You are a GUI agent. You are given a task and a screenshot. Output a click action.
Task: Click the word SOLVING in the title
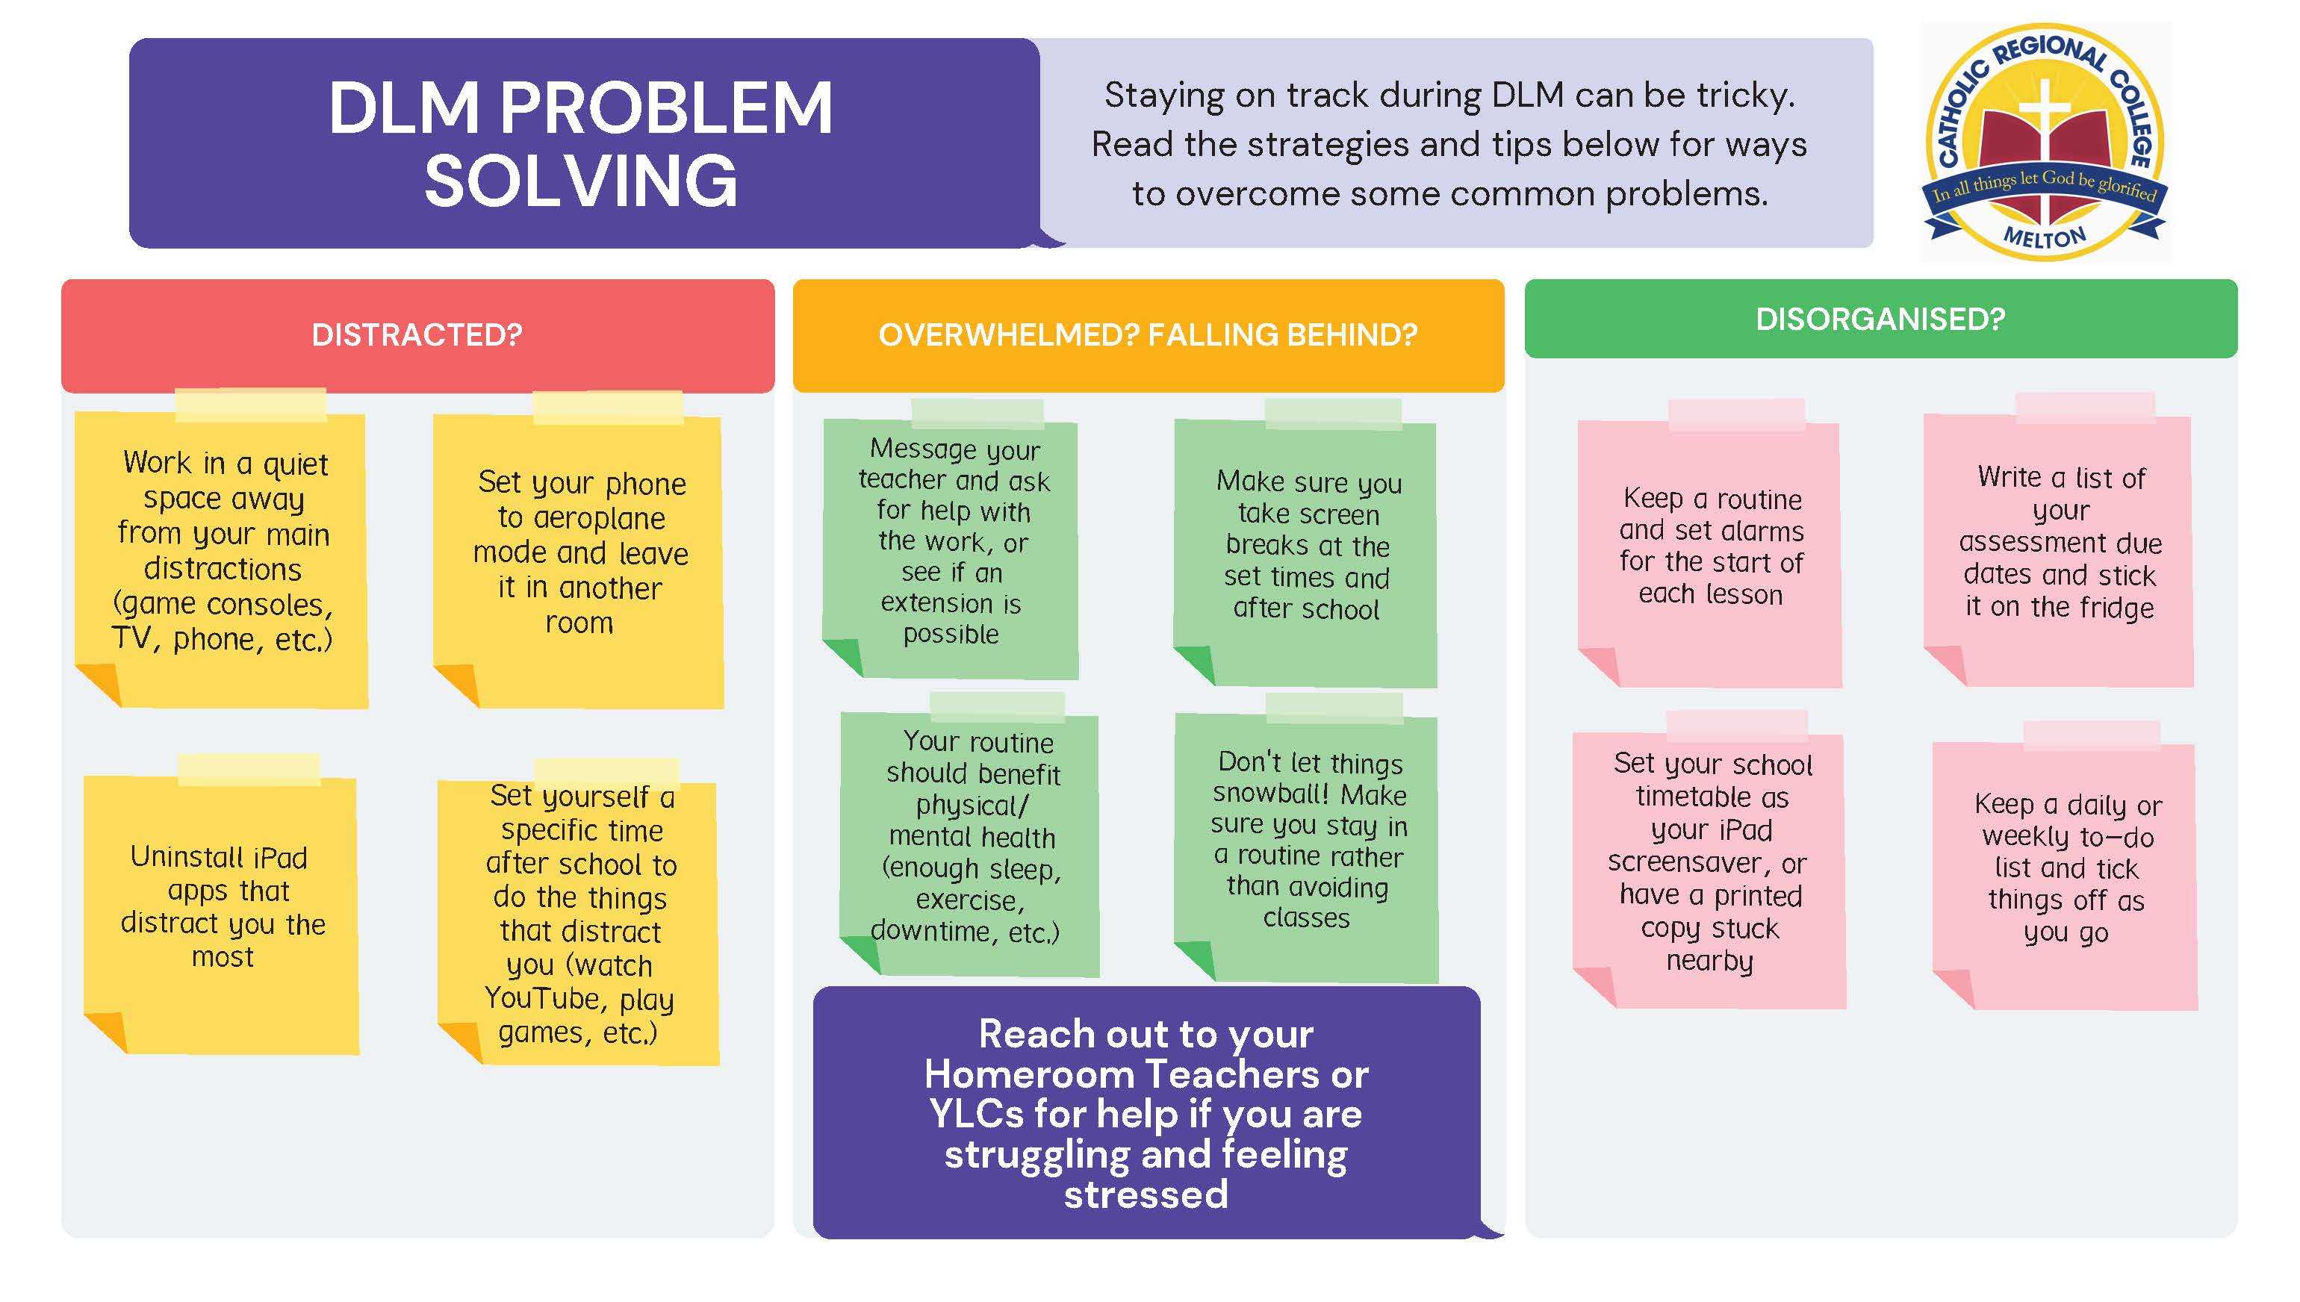[581, 181]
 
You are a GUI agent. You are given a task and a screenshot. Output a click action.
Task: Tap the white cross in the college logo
[2045, 148]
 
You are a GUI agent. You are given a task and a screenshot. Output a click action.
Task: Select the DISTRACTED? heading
[417, 334]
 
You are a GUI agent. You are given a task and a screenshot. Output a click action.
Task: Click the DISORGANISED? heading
[1880, 320]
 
